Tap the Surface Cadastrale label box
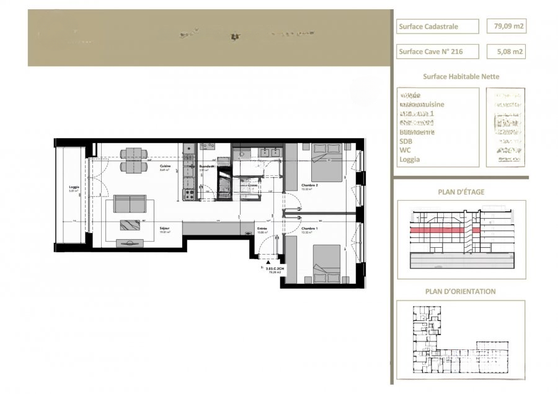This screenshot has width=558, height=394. coord(437,26)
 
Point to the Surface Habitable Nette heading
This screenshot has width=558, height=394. coord(461,77)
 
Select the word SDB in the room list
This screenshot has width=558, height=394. coord(406,141)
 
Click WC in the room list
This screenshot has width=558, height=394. coord(405,150)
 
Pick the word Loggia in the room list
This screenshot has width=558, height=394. coord(410,159)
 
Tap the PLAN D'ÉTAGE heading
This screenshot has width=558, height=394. coord(461,192)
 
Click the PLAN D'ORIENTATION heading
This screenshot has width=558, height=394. coord(461,291)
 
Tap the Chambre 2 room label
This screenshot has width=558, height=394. coord(310,185)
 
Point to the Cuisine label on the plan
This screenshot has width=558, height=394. coord(165,167)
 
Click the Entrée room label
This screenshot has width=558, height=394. coord(262,229)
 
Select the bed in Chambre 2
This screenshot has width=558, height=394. coord(326,162)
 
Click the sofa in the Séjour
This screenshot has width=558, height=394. coord(129,204)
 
